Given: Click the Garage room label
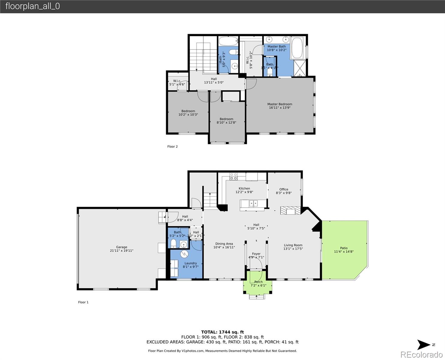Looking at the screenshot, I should pos(121,247).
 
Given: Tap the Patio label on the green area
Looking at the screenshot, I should pos(344,248).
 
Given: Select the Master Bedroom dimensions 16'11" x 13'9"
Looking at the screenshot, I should pos(279,108).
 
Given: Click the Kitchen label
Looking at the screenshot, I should pos(244,188).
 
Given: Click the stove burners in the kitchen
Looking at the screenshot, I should pos(234,176).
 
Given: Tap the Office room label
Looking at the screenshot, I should pos(284,189).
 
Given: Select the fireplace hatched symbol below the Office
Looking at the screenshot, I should pos(290,211).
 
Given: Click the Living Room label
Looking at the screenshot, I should pos(293,245).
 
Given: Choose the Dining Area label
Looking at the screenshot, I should pos(224,244).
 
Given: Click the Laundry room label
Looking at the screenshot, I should pos(190,263).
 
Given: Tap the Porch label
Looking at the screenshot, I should pos(258,282).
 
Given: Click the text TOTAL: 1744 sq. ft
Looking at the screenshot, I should pos(222,332).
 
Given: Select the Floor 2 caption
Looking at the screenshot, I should pos(172,147).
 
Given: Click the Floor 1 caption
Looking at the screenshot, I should pos(83,302).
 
